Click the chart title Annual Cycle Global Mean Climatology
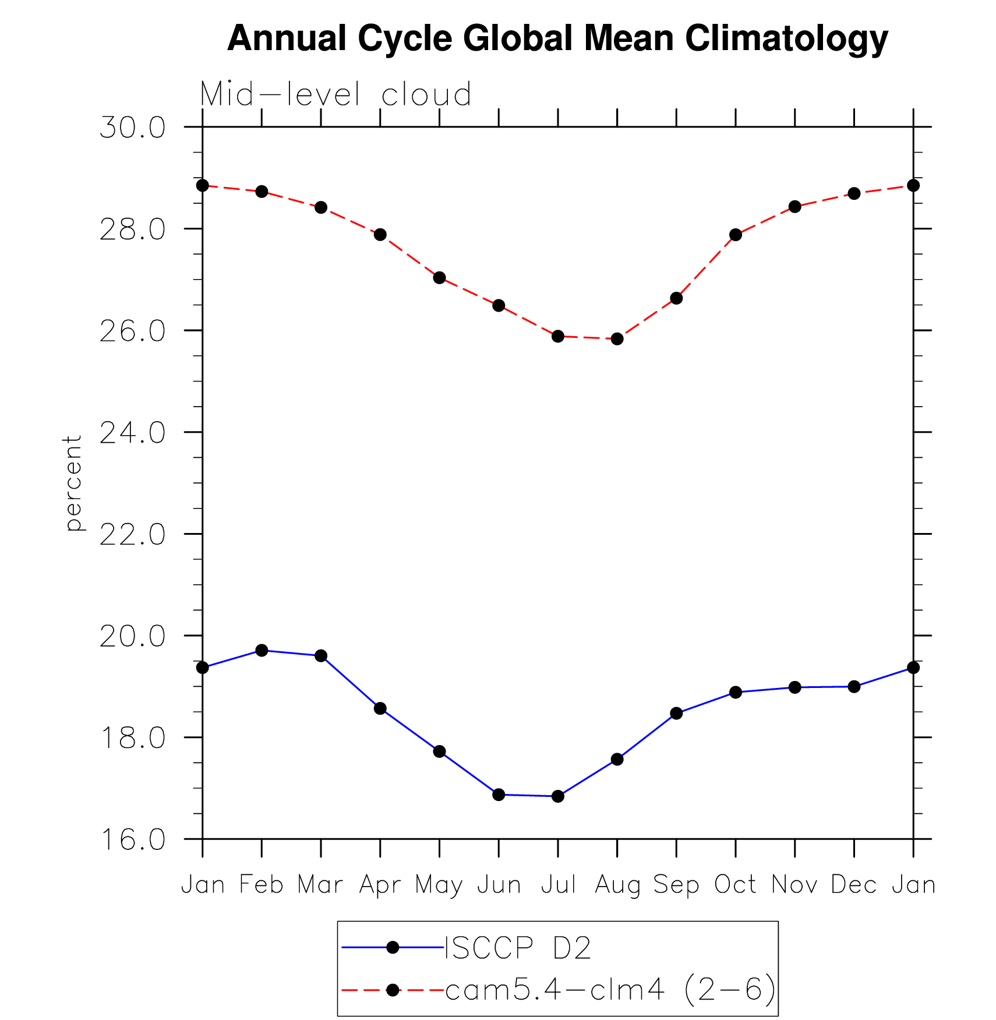pos(557,38)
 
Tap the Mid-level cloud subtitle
pos(335,94)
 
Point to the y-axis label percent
pos(73,483)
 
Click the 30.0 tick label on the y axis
pos(133,128)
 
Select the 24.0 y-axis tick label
pos(133,433)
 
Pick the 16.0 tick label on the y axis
pos(133,839)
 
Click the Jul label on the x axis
pos(558,884)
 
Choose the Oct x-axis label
pos(735,884)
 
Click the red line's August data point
pos(617,339)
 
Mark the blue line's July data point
pos(558,796)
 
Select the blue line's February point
pos(262,650)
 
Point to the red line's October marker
pos(736,235)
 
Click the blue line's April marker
pos(380,708)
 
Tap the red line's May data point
pos(439,277)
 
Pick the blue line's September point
pos(676,713)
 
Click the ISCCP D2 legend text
pos(518,948)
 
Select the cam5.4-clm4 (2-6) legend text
pos(610,989)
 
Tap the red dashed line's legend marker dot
pos(393,990)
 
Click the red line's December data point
pos(854,193)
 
